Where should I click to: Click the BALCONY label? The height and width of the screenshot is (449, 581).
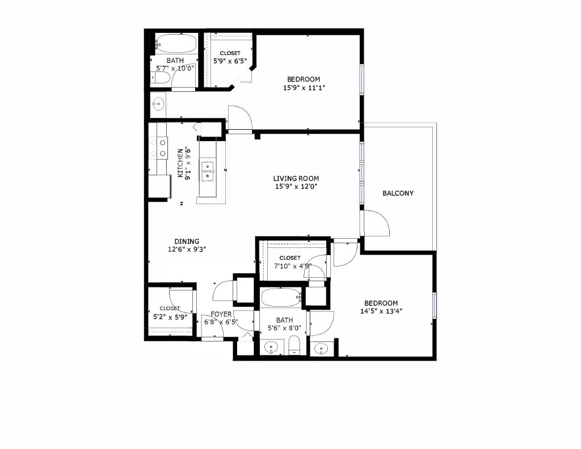coord(398,193)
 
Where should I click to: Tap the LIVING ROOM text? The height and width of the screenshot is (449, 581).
coord(296,178)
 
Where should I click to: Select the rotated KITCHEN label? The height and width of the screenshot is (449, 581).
coord(180,163)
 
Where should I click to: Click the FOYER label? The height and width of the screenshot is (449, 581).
coord(221,314)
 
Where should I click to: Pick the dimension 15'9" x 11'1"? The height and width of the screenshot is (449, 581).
coord(304,88)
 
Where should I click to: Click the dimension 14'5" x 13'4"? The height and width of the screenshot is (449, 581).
coord(381,311)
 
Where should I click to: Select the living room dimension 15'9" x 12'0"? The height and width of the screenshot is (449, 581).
coord(296,187)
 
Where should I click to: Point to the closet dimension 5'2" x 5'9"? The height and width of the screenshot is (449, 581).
coord(170,317)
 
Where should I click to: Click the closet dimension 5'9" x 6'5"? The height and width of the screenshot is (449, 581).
coord(230,61)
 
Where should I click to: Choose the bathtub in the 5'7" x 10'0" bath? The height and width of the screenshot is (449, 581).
coord(176,44)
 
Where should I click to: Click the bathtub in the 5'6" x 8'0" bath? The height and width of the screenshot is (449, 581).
coord(280,296)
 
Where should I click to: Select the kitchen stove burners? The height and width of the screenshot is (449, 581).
coord(158,148)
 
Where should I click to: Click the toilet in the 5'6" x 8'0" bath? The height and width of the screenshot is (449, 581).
coord(294,345)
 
